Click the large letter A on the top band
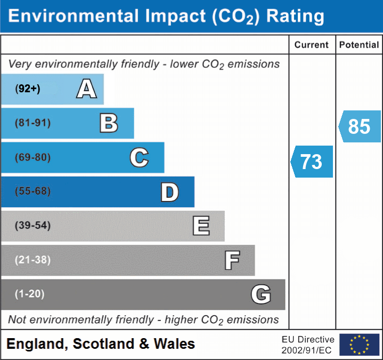tap(86, 89)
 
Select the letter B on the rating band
tap(109, 123)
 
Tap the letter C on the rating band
tap(139, 157)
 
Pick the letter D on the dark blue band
tap(169, 192)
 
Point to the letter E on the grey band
tap(201, 226)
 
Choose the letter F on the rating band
tap(232, 260)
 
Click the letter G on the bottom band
tap(261, 294)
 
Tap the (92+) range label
tap(28, 89)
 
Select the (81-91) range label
tap(32, 123)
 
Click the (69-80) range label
tap(32, 157)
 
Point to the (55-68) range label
tap(32, 191)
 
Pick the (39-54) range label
tap(32, 226)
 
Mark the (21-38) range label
tap(32, 260)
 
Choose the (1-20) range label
tap(29, 294)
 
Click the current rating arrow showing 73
tap(312, 162)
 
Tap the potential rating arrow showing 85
tap(359, 126)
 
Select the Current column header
tap(312, 45)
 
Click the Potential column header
tap(359, 45)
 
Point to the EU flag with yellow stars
tap(359, 345)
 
